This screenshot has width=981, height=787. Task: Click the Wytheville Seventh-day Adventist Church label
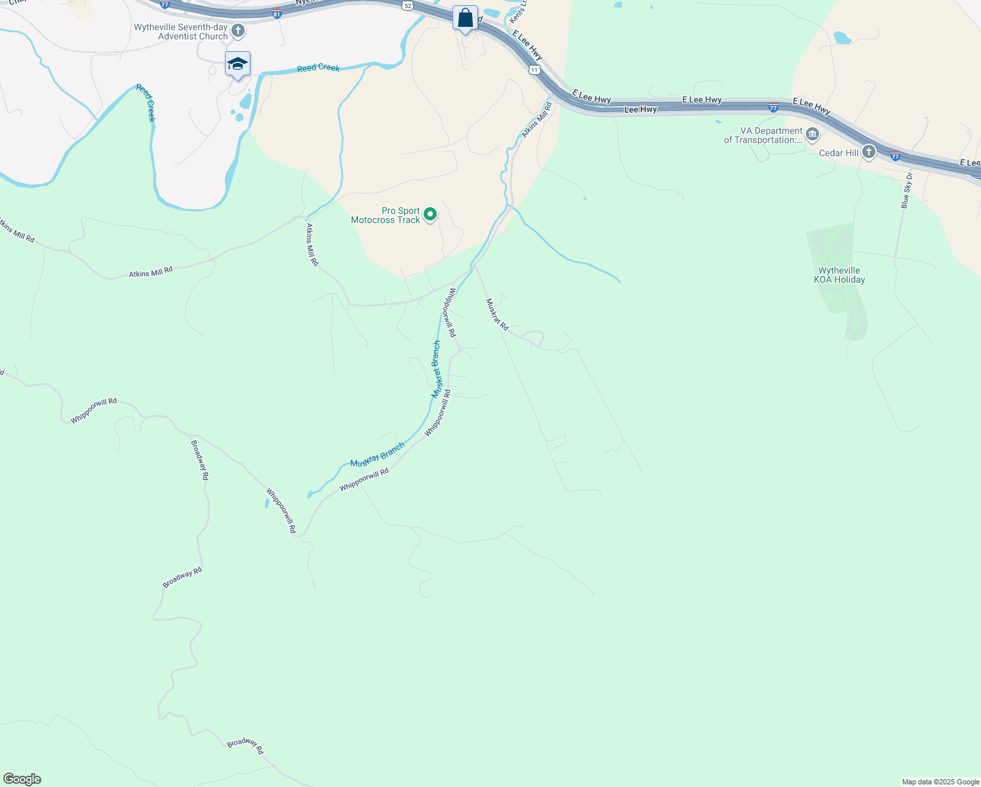click(x=181, y=31)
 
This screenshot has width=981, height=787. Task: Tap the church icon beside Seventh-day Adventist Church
click(x=238, y=31)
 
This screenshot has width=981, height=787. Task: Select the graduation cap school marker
click(x=237, y=64)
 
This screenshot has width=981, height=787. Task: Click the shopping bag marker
click(x=465, y=18)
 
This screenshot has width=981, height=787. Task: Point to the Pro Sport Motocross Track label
click(x=386, y=215)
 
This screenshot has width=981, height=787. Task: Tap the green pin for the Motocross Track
click(x=430, y=214)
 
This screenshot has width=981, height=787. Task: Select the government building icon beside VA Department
click(x=812, y=135)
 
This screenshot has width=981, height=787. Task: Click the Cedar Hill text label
click(x=839, y=153)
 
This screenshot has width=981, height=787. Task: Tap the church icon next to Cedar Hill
click(x=869, y=153)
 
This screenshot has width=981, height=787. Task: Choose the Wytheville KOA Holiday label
click(x=839, y=275)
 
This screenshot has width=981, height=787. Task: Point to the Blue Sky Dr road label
click(x=906, y=191)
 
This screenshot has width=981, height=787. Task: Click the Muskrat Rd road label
click(x=496, y=314)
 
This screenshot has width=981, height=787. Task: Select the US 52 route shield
click(x=408, y=5)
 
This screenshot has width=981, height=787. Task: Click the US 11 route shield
click(x=535, y=69)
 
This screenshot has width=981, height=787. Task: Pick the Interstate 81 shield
click(x=277, y=13)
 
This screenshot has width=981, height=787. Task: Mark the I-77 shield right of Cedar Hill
click(x=896, y=156)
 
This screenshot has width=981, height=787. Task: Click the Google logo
click(x=22, y=779)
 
